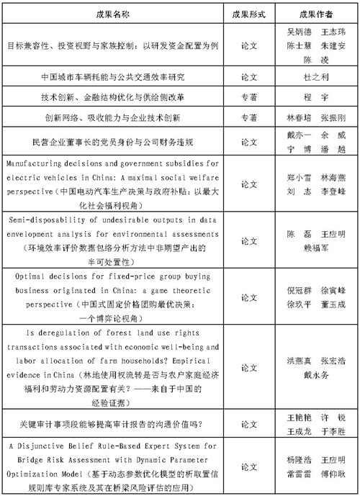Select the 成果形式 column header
pyautogui.click(x=248, y=14)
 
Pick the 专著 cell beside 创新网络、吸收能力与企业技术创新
pyautogui.click(x=248, y=117)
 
